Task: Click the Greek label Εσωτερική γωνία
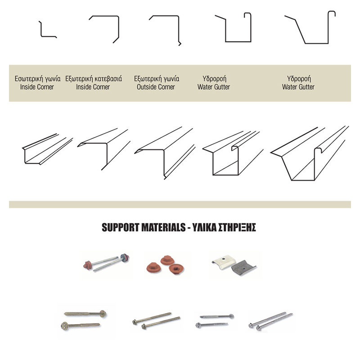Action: [38, 79]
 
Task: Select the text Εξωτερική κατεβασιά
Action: [94, 79]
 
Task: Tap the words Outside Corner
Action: [156, 87]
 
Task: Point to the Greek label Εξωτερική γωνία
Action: [157, 79]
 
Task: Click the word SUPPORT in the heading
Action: [121, 228]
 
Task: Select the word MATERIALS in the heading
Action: [163, 228]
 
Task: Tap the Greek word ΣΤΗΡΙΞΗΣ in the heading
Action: [237, 228]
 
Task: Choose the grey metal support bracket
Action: [244, 268]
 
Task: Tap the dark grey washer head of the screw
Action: [125, 257]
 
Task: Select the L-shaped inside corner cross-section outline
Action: [41, 30]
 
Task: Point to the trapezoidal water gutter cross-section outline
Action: [317, 43]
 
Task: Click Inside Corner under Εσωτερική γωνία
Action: [37, 87]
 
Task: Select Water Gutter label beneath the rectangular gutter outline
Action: [214, 87]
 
